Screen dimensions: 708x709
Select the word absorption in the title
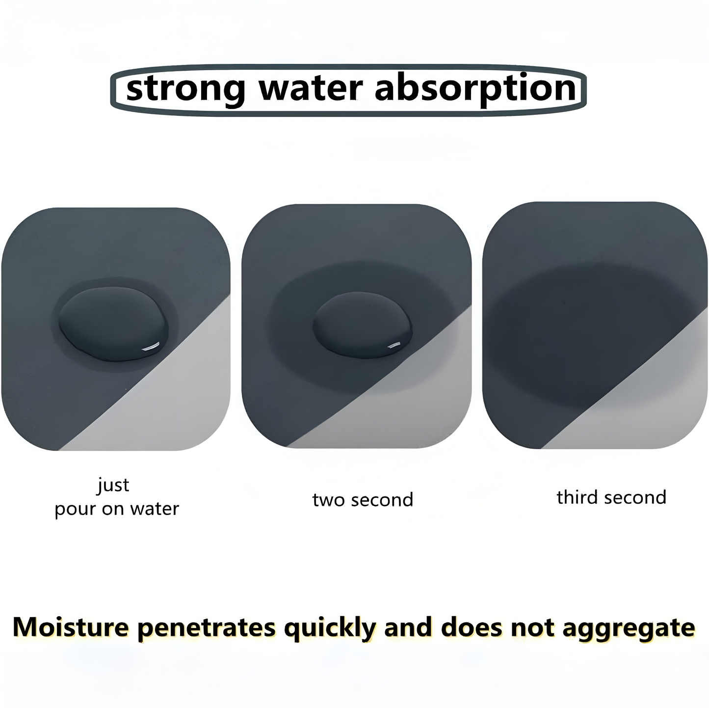point(475,89)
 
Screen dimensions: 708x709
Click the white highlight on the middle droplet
point(395,345)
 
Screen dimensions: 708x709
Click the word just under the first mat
point(113,486)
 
